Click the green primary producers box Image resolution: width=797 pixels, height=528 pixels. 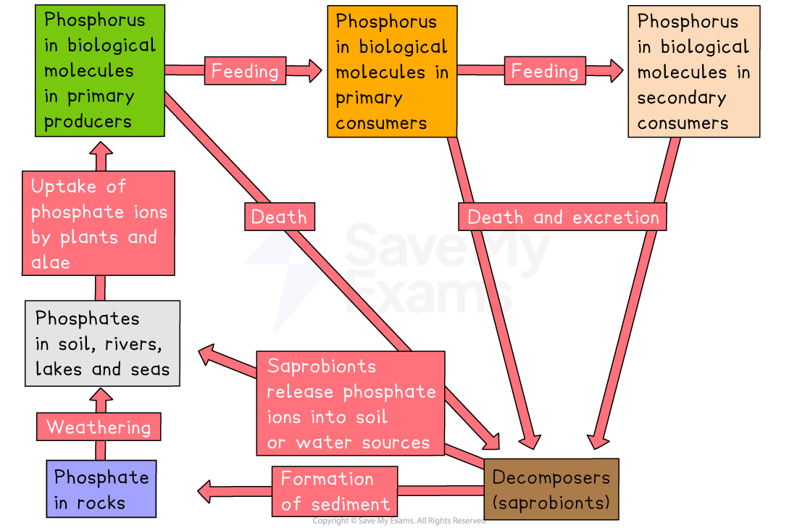point(100,70)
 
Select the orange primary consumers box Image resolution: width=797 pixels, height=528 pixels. point(392,71)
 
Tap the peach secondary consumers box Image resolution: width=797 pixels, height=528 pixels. point(693,71)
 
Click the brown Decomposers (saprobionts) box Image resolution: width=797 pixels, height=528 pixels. point(551,489)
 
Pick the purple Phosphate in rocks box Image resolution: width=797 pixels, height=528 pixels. point(101,489)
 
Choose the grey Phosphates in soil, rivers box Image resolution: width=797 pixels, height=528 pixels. point(102,343)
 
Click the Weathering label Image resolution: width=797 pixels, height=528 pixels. point(99,427)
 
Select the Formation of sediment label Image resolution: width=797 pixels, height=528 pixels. point(335,490)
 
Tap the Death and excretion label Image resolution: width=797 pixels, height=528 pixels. point(562,217)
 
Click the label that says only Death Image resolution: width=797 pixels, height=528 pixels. point(279,217)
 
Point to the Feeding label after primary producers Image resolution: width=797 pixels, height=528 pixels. point(244,70)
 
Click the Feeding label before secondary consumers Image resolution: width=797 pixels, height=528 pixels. point(545,70)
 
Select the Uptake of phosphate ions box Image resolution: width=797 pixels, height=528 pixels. point(99,223)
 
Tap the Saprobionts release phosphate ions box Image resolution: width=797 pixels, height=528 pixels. point(351,403)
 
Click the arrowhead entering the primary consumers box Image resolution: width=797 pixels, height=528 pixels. point(314,70)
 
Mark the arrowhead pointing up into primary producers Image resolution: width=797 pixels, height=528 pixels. point(101,150)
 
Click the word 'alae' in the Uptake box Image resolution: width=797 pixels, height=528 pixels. point(50,261)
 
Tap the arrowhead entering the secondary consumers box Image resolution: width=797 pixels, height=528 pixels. point(615,70)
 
